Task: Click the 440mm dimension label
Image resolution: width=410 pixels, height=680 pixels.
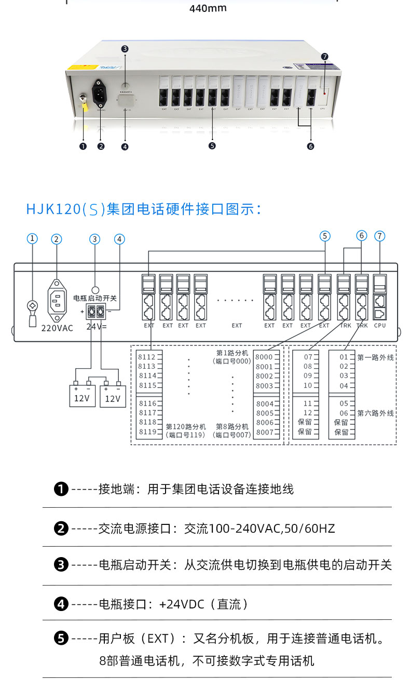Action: click(x=208, y=8)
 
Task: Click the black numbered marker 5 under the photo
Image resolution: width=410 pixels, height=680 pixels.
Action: click(x=212, y=146)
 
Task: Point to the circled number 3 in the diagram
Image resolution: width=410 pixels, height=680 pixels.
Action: click(x=94, y=239)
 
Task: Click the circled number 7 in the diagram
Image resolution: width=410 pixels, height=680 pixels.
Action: click(x=380, y=236)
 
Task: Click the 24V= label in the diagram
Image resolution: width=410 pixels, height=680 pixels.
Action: click(x=97, y=327)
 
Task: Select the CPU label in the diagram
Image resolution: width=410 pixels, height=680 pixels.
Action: click(x=380, y=326)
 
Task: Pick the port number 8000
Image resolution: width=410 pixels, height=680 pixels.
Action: click(x=264, y=357)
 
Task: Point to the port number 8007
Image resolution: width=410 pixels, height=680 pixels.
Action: click(x=264, y=432)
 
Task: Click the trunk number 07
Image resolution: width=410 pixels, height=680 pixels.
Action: click(x=308, y=357)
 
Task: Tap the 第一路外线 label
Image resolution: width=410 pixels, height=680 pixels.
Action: click(x=376, y=357)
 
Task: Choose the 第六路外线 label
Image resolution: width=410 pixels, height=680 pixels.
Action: click(x=376, y=413)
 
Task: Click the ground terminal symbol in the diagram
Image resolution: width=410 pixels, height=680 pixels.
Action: click(x=32, y=310)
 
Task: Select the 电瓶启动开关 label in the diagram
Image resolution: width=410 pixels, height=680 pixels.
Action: click(x=95, y=299)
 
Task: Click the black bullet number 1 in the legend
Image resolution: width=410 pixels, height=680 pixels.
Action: click(x=61, y=489)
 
